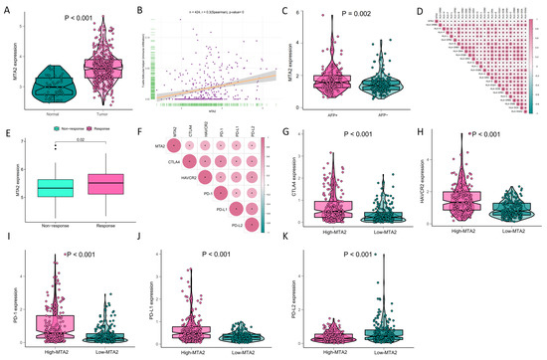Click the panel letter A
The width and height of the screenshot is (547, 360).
[x=6, y=8]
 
